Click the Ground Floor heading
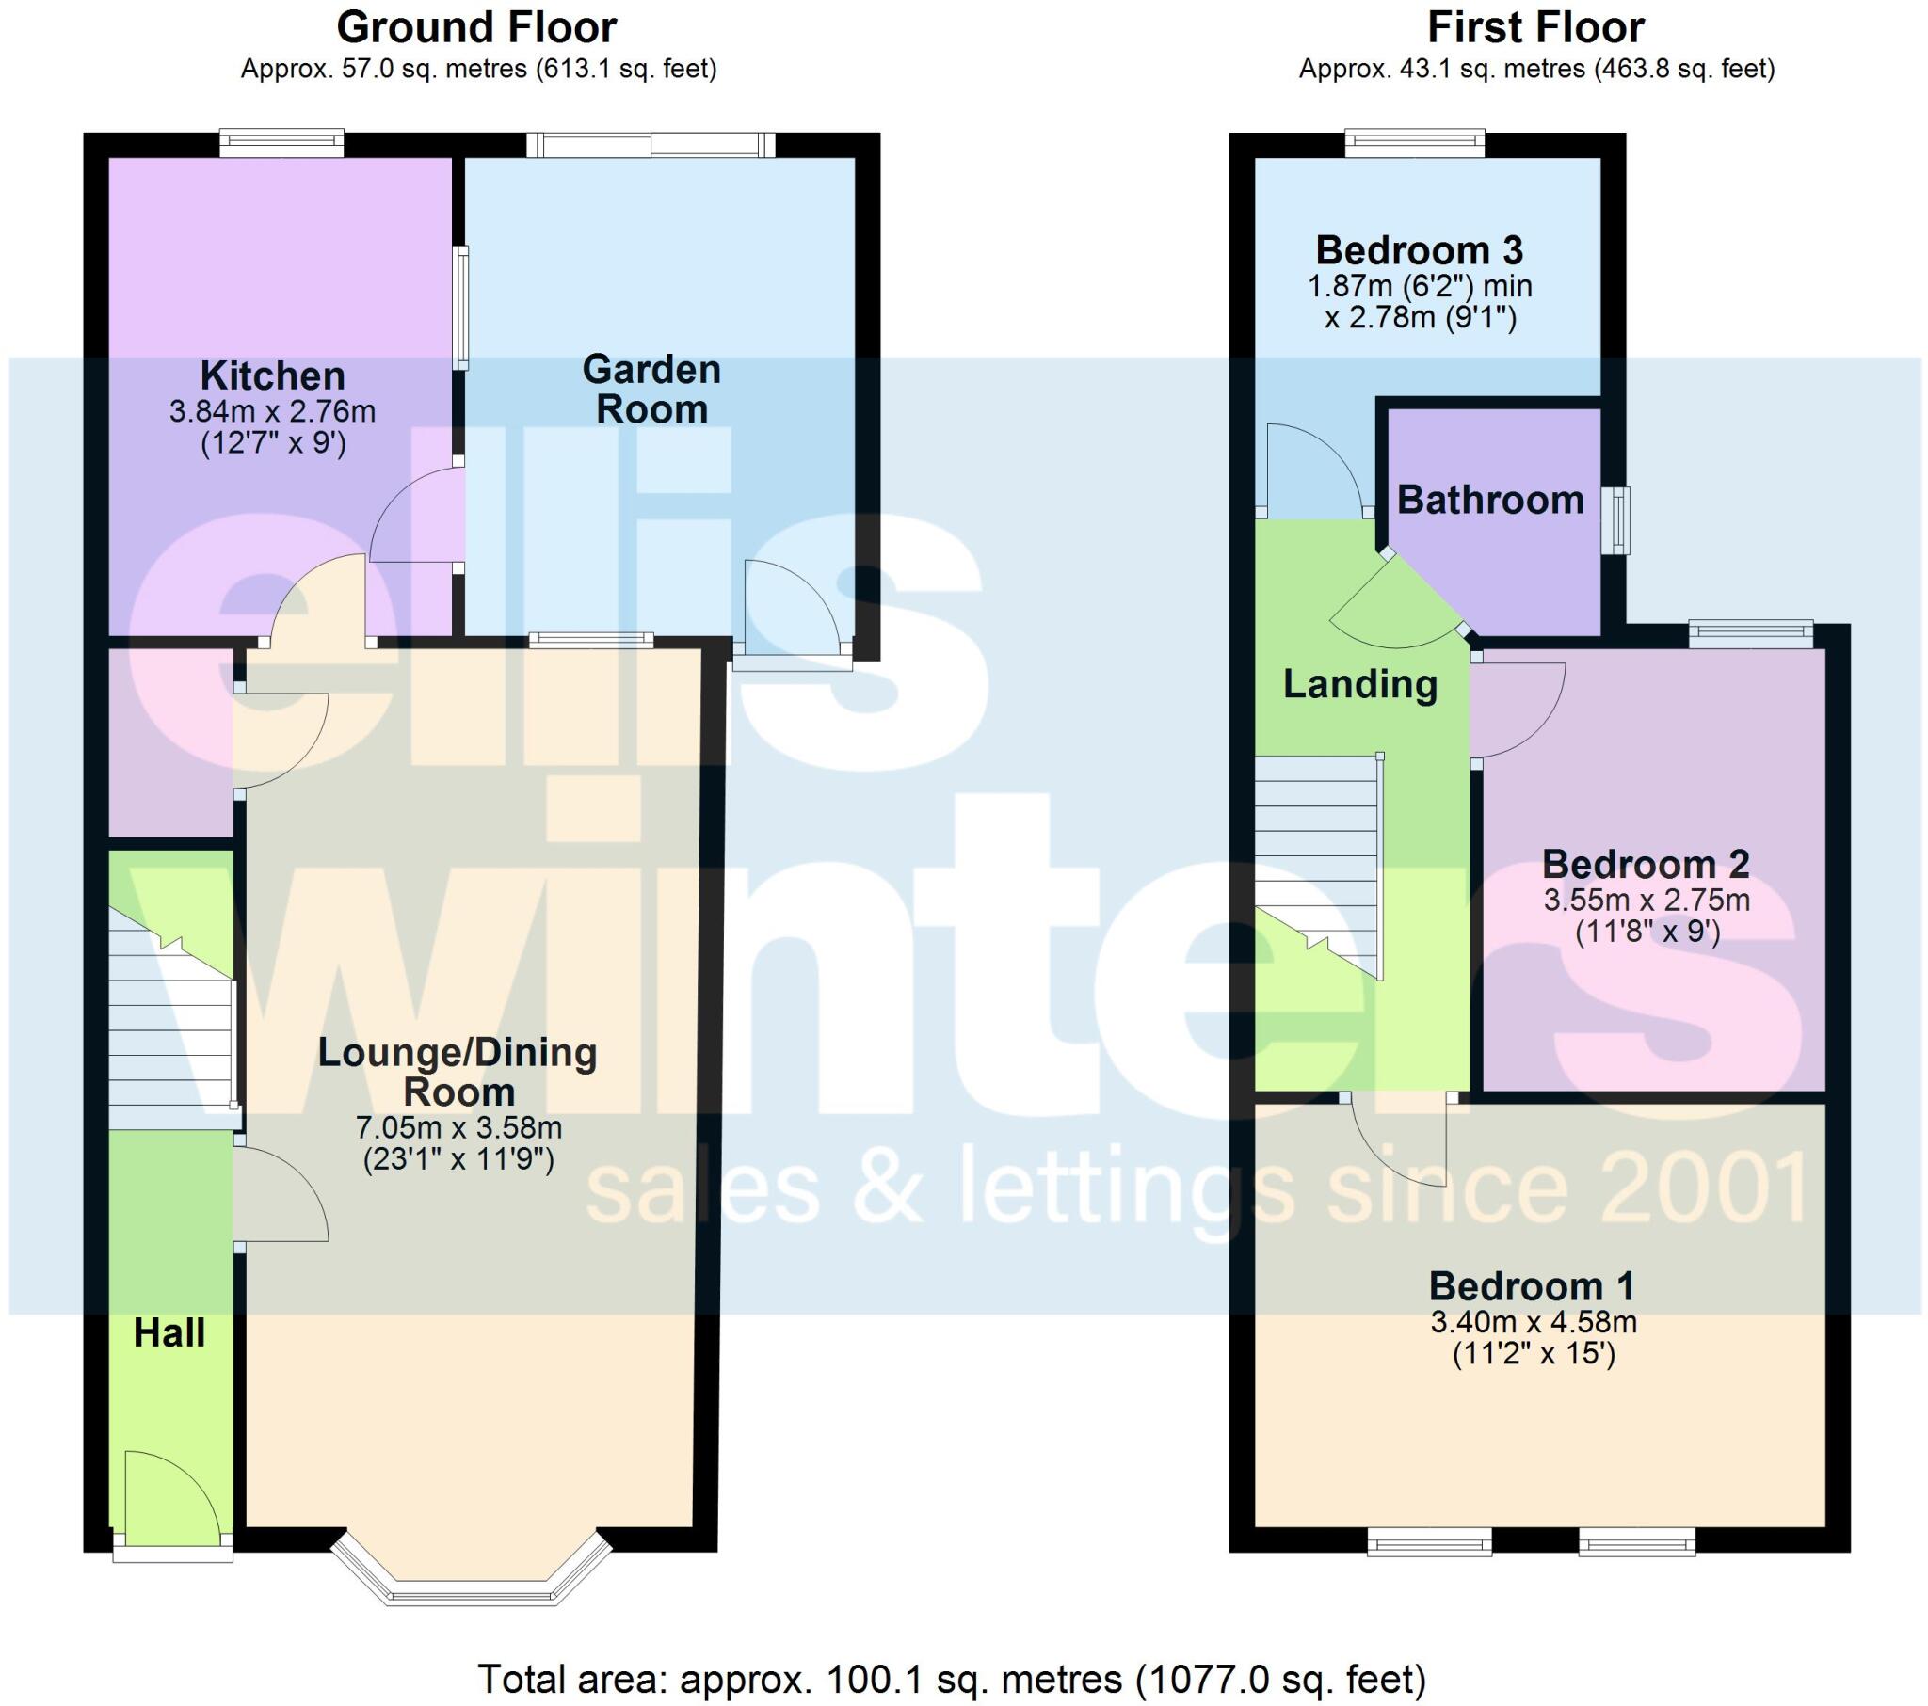(476, 28)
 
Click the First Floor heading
(1535, 28)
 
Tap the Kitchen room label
(273, 376)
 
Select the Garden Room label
(651, 390)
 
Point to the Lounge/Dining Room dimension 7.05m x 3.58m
(458, 1128)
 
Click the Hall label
(169, 1333)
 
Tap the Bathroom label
(1490, 500)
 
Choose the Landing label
(1360, 684)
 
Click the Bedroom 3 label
(1420, 251)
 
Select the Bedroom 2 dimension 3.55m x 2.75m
(1647, 900)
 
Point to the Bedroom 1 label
(1533, 1286)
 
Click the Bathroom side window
(1619, 520)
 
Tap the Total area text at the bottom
(952, 1680)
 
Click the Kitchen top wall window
(282, 143)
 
